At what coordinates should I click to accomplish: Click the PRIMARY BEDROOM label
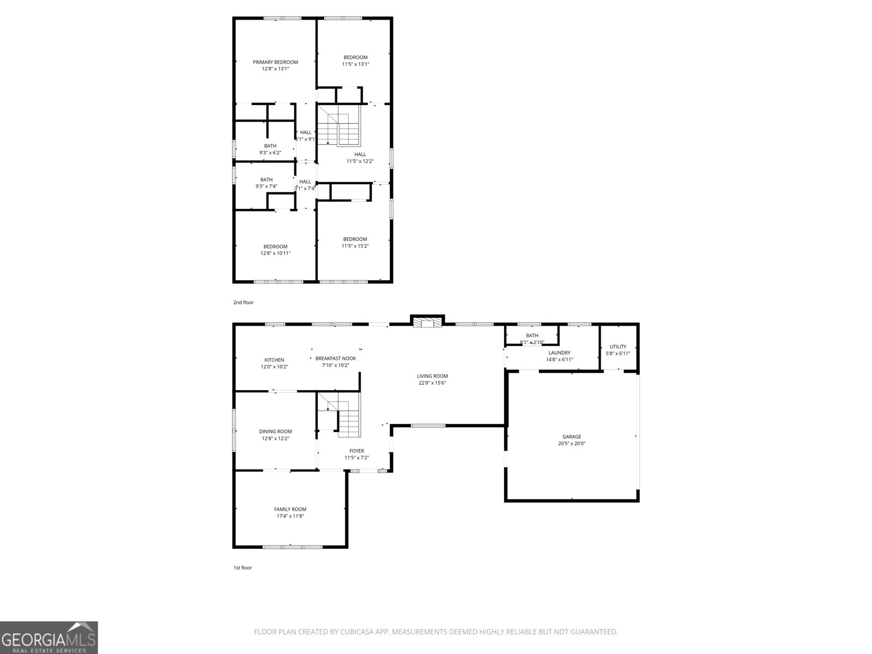(275, 62)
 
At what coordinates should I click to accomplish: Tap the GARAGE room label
(572, 437)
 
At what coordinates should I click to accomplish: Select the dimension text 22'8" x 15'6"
(432, 383)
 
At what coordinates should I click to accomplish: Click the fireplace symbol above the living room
(427, 323)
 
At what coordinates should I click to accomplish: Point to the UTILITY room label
(618, 347)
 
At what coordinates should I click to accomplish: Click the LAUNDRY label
(559, 353)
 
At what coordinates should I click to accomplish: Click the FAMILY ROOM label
(290, 509)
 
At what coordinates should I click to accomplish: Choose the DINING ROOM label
(275, 432)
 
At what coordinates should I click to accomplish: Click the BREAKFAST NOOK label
(336, 359)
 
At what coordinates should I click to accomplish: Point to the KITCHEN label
(274, 360)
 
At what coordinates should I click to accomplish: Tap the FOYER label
(356, 451)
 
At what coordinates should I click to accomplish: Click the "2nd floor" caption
(243, 302)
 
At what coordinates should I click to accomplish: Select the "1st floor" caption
(243, 568)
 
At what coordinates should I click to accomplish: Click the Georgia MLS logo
(49, 637)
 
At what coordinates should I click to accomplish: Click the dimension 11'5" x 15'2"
(355, 246)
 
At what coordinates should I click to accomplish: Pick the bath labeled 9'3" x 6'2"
(270, 146)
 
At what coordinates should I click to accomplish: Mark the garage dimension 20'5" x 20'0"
(572, 444)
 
